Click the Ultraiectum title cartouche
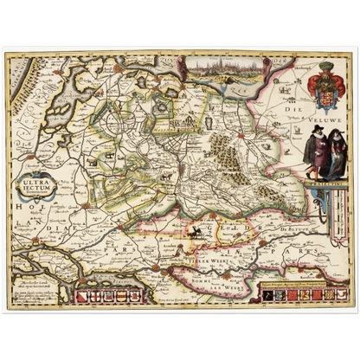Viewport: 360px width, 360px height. (42, 185)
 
